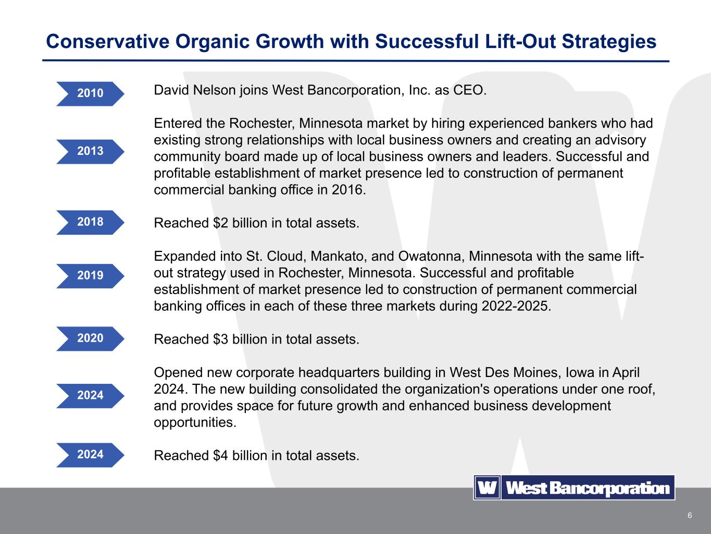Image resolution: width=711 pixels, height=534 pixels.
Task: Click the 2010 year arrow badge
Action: pos(91,94)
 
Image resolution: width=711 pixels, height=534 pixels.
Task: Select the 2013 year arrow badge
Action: pos(91,151)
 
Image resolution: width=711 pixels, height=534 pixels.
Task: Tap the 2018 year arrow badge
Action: pos(91,223)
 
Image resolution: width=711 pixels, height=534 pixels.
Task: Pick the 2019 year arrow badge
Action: pos(91,276)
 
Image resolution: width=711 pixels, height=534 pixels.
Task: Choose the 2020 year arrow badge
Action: pos(91,338)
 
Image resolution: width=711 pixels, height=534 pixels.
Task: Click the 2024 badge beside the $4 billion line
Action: pos(91,455)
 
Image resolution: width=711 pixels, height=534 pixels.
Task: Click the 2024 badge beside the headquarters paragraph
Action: pos(91,396)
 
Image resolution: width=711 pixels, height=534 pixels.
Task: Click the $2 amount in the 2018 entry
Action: pos(220,223)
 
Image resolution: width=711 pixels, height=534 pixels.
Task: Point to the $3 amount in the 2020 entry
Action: pos(220,339)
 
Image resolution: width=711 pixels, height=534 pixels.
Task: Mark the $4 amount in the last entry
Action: pos(220,456)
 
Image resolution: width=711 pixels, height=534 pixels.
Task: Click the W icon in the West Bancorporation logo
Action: pos(487,488)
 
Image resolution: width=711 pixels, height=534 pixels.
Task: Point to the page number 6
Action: pos(690,515)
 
